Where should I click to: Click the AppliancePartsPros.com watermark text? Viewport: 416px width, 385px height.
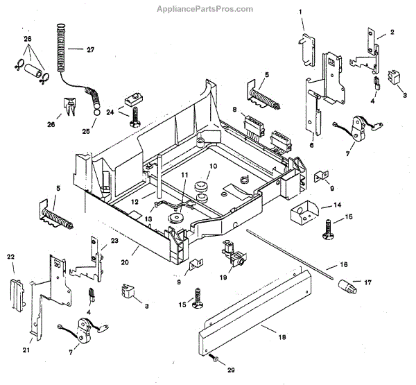205,9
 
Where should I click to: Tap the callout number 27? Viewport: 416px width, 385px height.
90,50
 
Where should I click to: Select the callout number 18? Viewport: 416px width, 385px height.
282,337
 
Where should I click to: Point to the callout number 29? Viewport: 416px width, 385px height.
231,370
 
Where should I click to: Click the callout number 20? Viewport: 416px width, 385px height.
125,262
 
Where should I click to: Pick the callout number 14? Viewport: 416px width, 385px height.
338,205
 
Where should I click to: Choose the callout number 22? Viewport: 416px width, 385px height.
10,257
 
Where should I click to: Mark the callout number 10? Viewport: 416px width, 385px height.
214,166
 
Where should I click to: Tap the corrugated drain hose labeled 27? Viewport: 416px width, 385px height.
61,48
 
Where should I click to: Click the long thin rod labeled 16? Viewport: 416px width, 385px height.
289,254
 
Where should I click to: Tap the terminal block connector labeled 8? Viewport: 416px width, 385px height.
254,124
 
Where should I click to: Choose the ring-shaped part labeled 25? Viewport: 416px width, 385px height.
96,112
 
